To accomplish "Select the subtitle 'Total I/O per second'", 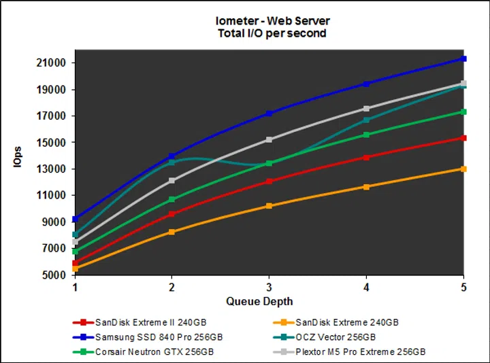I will [x=272, y=33].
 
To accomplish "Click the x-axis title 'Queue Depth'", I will [x=269, y=301].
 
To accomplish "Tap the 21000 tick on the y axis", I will [x=52, y=63].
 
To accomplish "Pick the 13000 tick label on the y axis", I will [x=52, y=169].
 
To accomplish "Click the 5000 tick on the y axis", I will [x=54, y=275].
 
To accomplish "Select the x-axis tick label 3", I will [x=269, y=287].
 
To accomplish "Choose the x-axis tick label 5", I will [x=463, y=287].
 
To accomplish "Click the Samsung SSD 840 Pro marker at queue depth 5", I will [x=463, y=59].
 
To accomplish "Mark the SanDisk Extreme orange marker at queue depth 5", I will [x=463, y=169].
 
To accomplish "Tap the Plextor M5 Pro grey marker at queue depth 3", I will [x=269, y=139].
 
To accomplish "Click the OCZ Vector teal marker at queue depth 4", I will [x=366, y=120].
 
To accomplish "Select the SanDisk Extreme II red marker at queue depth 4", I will [x=366, y=157].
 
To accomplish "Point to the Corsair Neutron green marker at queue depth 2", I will [x=171, y=199].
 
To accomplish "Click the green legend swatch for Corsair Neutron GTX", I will [x=82, y=351].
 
